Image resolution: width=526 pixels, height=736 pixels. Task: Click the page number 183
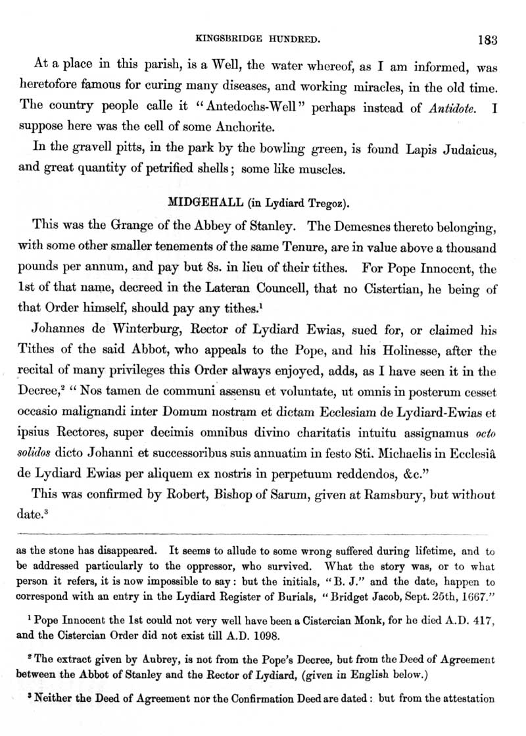(488, 39)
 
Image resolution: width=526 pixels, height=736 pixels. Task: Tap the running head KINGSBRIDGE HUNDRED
(263, 39)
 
